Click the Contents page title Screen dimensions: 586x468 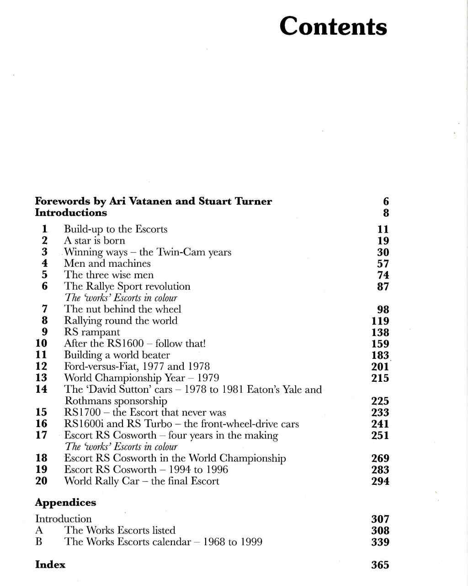333,26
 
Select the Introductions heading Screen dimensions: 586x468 71,213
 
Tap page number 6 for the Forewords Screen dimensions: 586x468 386,202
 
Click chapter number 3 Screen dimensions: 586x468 44,252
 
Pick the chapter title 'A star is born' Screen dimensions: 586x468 94,241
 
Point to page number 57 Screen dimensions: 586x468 383,264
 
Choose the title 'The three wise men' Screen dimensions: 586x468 109,275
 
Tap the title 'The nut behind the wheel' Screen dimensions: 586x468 122,309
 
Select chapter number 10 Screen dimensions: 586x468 42,343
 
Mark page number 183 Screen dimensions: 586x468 380,355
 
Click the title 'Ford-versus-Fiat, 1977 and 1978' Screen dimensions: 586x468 137,367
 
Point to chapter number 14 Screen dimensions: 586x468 42,389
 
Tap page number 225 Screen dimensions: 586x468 380,402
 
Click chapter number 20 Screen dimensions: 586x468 42,481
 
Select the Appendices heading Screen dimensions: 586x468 65,503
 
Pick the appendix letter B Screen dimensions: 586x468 39,542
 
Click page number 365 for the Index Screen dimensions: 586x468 380,565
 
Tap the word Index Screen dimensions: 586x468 50,565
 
